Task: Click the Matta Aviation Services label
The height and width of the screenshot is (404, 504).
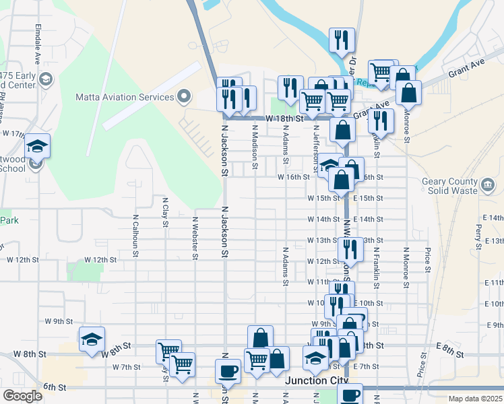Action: click(125, 97)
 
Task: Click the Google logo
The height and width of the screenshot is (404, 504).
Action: click(22, 396)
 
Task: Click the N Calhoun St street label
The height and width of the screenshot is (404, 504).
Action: click(135, 236)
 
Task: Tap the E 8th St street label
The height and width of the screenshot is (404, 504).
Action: click(447, 346)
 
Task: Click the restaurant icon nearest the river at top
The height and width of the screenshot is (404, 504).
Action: click(342, 40)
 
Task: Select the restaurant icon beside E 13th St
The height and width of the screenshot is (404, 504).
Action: click(350, 249)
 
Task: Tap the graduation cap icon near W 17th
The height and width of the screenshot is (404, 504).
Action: click(38, 146)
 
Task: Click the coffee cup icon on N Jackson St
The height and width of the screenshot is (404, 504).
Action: click(228, 371)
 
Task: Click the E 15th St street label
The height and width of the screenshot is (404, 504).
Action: click(368, 199)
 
